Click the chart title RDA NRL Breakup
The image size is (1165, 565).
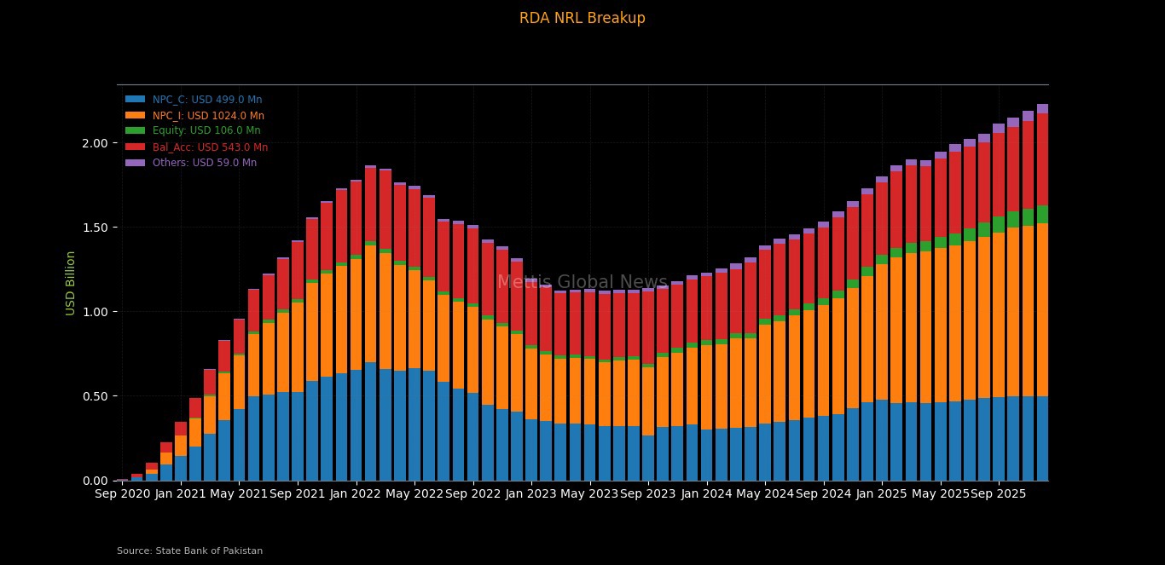click(582, 18)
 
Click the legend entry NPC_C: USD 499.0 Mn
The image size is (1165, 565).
click(207, 100)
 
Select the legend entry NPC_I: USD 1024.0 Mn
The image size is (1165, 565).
click(208, 116)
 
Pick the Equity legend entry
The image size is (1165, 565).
click(206, 131)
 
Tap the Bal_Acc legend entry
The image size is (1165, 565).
click(210, 147)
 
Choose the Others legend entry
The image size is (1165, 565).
click(204, 163)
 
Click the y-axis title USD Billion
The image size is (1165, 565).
click(71, 283)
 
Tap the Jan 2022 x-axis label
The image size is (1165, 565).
click(356, 493)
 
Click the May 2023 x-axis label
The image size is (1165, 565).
click(589, 493)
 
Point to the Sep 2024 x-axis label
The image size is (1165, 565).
click(823, 493)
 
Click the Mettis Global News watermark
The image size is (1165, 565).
click(582, 282)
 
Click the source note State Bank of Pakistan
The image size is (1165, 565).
click(189, 551)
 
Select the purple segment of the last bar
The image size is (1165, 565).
click(1042, 109)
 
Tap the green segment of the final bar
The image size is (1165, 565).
click(1042, 215)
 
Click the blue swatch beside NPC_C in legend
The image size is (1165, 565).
click(136, 100)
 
